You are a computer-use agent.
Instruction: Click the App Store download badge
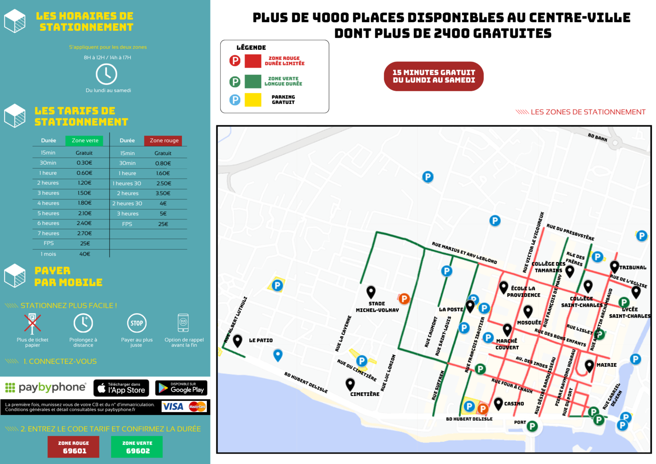point(121,388)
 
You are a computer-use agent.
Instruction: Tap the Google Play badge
point(181,388)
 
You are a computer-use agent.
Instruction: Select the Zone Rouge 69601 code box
point(73,447)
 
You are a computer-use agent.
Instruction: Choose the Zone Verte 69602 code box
point(137,447)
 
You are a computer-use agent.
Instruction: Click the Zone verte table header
point(85,140)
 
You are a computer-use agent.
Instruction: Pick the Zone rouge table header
point(164,140)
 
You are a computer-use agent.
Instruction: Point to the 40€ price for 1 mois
point(85,254)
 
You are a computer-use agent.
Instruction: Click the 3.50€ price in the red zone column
point(163,193)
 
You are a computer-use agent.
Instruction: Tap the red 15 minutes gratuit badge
point(434,76)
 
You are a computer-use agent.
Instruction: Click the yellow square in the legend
point(253,100)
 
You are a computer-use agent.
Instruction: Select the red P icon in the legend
point(235,61)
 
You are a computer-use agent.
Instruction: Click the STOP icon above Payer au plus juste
point(136,323)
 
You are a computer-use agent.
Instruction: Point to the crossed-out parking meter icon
point(32,323)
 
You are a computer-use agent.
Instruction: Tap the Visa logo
point(173,407)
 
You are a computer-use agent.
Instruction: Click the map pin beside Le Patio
point(237,341)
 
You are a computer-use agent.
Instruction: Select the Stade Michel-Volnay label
point(377,307)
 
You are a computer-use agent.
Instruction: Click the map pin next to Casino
point(498,403)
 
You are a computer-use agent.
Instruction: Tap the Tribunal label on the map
point(633,267)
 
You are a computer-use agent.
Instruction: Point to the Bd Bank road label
point(598,137)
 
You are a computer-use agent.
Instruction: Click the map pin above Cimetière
point(350,384)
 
